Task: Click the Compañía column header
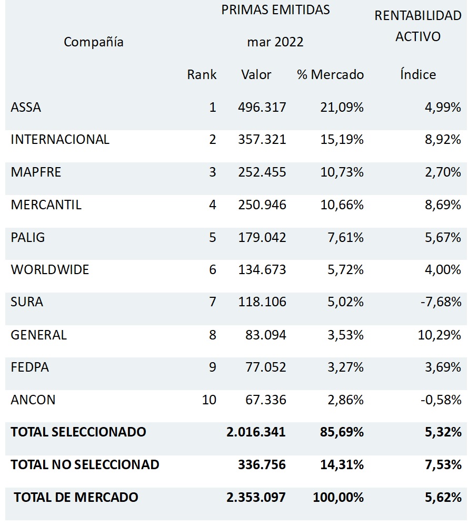pos(94,42)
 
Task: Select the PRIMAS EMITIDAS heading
pos(275,10)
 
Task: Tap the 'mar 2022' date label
pos(275,42)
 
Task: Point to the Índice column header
pos(418,74)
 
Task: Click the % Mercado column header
pos(330,74)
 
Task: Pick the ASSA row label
pos(26,108)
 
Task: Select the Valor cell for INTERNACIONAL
pos(262,140)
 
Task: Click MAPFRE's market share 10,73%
pos(342,172)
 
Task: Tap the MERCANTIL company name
pos(46,205)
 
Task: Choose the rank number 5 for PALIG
pos(212,237)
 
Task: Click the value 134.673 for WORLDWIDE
pos(262,270)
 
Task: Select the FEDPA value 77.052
pos(266,367)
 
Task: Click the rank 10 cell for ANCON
pos(209,400)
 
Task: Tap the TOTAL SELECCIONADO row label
pos(78,432)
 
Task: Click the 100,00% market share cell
pos(338,497)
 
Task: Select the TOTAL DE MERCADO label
pos(76,497)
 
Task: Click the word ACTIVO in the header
pos(418,37)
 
